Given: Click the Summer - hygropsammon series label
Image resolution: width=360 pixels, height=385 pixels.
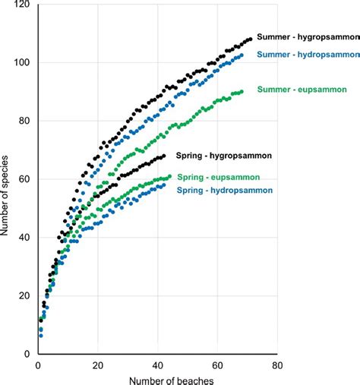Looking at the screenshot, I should click(x=308, y=36).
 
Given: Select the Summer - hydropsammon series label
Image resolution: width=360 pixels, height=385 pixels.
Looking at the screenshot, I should click(x=308, y=53).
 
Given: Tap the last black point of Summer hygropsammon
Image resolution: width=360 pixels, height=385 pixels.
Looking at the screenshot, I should click(x=250, y=39).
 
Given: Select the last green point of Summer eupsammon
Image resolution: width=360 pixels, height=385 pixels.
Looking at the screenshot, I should click(x=241, y=92).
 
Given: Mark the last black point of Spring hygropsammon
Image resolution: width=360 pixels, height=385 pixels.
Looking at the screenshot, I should click(x=163, y=156).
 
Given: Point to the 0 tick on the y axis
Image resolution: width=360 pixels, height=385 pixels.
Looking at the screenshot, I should click(x=28, y=354).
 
